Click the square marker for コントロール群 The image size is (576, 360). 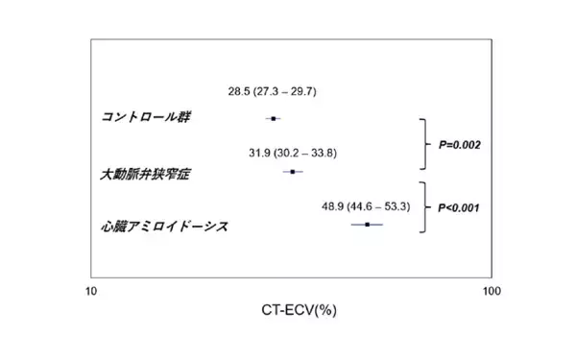click(x=274, y=118)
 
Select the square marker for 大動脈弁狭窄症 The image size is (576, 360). click(x=293, y=172)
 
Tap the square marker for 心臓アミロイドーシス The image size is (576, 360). click(x=367, y=225)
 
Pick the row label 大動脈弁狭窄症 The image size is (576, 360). click(x=145, y=175)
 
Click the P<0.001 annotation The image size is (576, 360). click(x=458, y=206)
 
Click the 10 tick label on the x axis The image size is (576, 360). click(x=91, y=292)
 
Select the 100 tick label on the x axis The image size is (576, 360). click(x=491, y=292)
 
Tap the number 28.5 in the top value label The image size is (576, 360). click(x=239, y=91)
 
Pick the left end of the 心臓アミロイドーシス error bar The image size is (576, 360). click(x=350, y=225)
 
